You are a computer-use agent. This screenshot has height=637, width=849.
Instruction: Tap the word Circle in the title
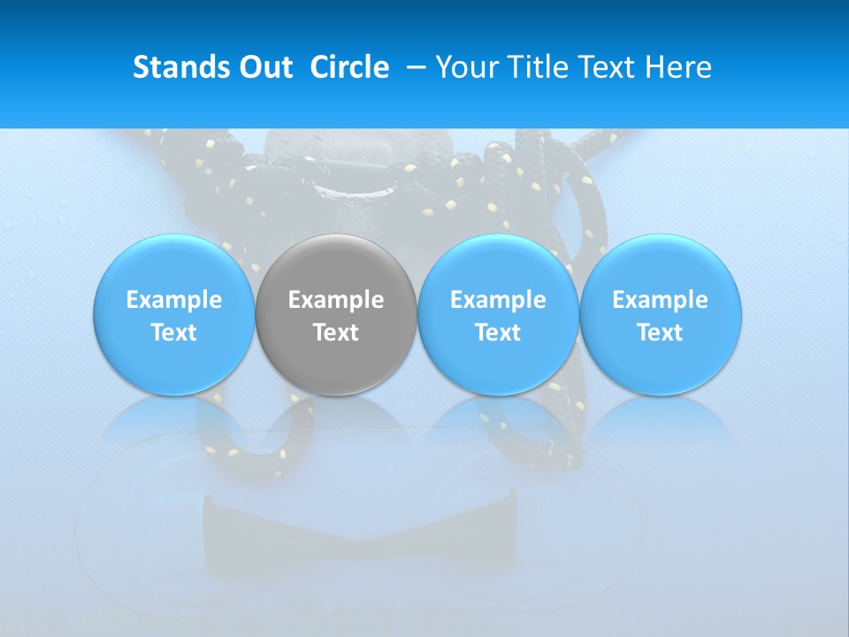click(349, 67)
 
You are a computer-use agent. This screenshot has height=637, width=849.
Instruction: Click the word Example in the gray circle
click(336, 300)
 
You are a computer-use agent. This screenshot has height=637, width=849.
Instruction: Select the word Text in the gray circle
click(336, 333)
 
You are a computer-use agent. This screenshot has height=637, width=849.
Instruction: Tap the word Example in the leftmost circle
click(174, 300)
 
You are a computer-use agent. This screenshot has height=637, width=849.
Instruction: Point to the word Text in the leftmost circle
click(174, 333)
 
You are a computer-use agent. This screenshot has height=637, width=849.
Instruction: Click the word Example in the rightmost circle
click(660, 300)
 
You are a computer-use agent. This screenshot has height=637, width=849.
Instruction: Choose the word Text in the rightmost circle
click(660, 333)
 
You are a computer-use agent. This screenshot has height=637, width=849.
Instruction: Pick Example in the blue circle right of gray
click(498, 300)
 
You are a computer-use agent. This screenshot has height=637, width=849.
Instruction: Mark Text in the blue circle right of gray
click(498, 333)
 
